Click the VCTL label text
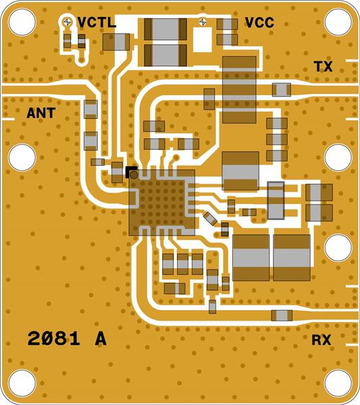coord(97,22)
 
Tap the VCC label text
coord(259,22)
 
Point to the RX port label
coord(322,340)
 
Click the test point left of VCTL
coord(68,22)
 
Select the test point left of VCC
coord(204,22)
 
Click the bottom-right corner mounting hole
coord(338,383)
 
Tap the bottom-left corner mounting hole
coord(22,383)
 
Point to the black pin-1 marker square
coord(130,171)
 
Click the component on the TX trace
coord(282,88)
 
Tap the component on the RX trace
coord(282,315)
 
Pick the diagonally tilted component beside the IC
coord(210,218)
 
